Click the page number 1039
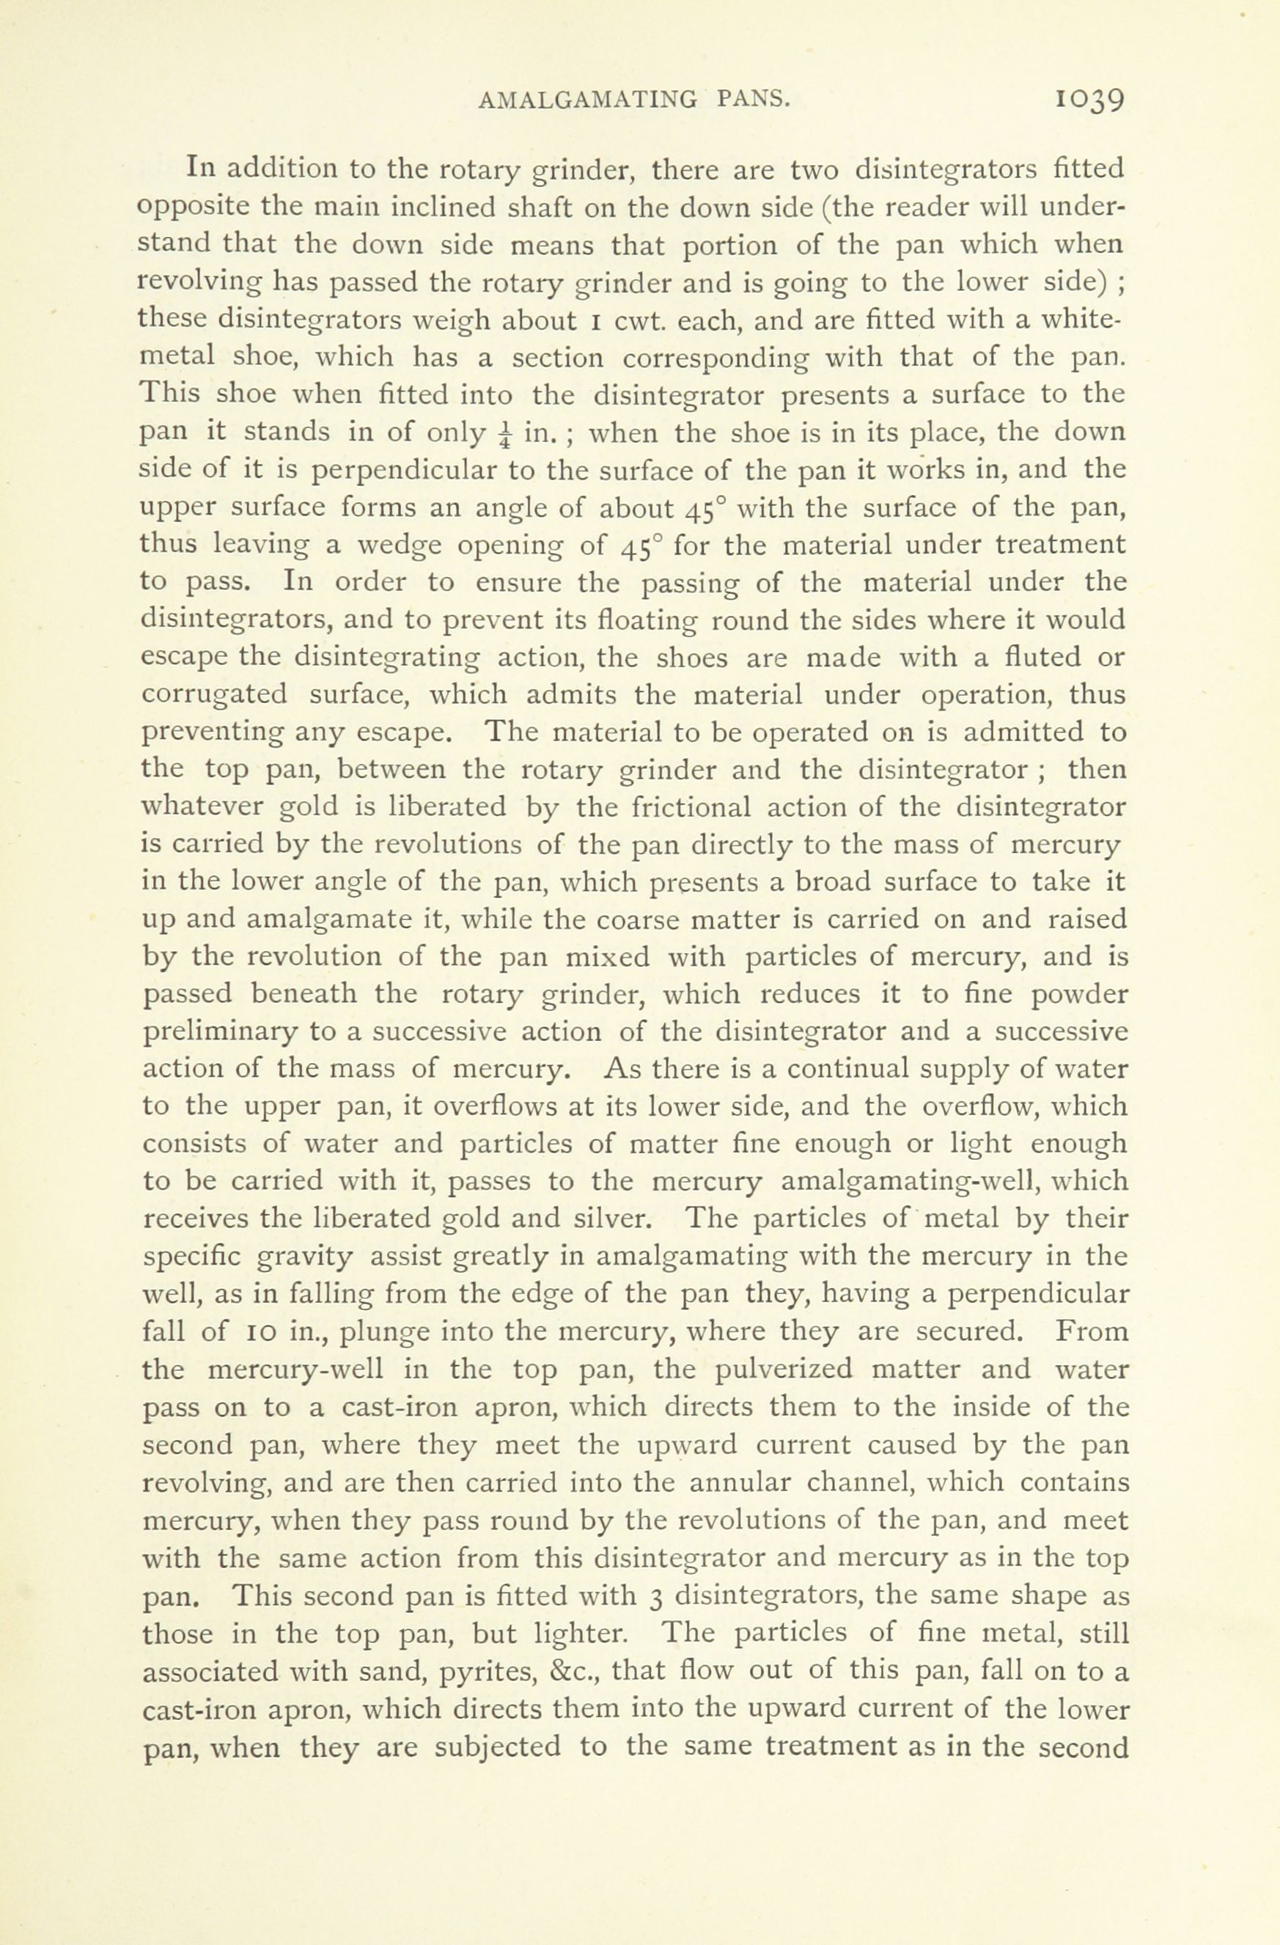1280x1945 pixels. (1090, 100)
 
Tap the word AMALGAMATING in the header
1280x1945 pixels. (587, 100)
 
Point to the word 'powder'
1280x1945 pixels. (1079, 995)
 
